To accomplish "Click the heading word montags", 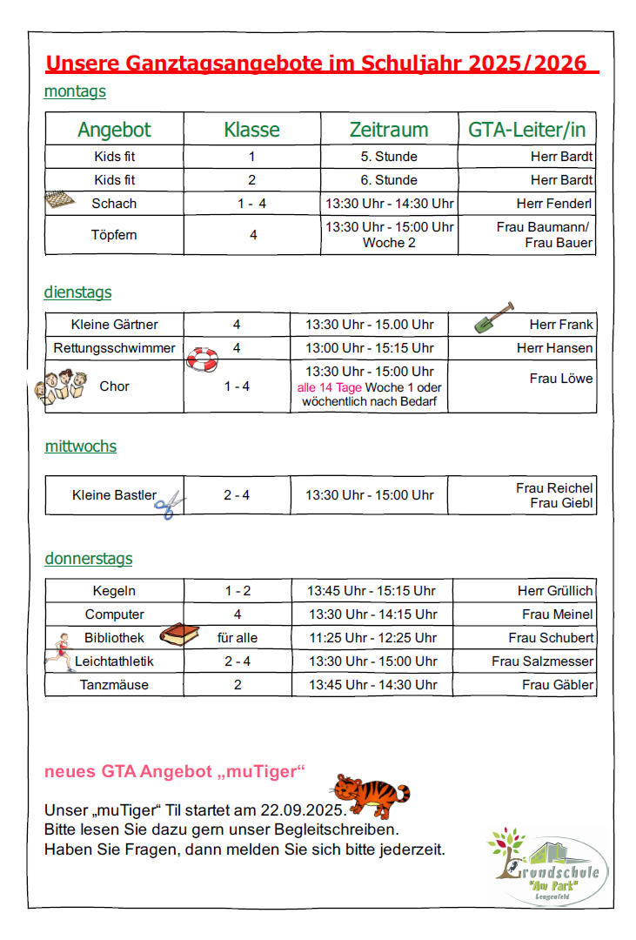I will pyautogui.click(x=75, y=91).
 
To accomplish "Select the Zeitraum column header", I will pyautogui.click(x=389, y=130).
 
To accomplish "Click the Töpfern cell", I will pyautogui.click(x=114, y=235).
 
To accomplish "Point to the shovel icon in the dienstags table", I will pyautogui.click(x=493, y=318).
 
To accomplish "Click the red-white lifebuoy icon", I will pyautogui.click(x=203, y=359).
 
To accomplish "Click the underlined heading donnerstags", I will pyautogui.click(x=89, y=559).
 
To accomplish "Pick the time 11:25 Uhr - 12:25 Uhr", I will pyautogui.click(x=373, y=638).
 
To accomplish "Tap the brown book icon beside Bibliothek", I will pyautogui.click(x=179, y=634).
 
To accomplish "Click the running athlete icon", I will pyautogui.click(x=60, y=651).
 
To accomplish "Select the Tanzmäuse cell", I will pyautogui.click(x=114, y=685).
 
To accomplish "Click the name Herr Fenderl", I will pyautogui.click(x=554, y=204).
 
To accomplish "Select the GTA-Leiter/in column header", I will pyautogui.click(x=527, y=130).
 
